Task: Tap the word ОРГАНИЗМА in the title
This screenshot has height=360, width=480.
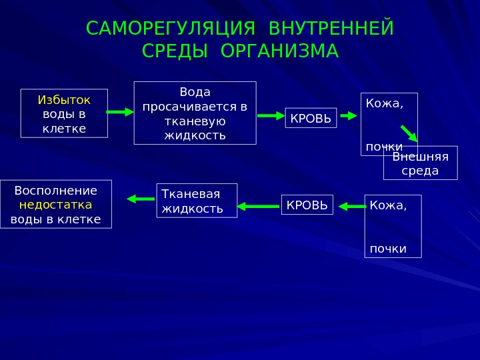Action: coord(279,51)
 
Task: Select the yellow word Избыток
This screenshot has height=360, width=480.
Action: coord(64,100)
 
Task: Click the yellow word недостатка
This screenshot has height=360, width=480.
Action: coord(56,205)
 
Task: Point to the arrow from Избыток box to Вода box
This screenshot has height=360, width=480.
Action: coord(120,112)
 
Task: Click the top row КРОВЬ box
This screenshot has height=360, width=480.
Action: coord(311,118)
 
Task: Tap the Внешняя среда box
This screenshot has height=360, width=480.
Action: coord(420,163)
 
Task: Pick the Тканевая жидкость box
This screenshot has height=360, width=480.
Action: coord(197,201)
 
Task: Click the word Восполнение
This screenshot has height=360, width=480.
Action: coord(56,191)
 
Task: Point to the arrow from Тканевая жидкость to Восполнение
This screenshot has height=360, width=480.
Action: coord(141,198)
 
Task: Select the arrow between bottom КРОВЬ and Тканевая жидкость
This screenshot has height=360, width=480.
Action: coord(258,206)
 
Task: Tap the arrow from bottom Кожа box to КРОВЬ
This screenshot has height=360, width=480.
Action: coord(352,206)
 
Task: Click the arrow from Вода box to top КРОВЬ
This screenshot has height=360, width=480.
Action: coord(271,115)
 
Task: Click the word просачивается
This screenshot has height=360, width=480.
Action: coord(195,107)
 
